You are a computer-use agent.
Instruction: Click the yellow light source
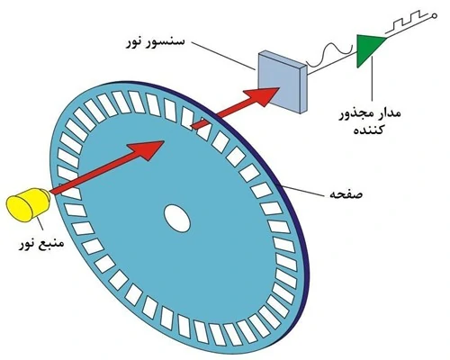coord(29,204)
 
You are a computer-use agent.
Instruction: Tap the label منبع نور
coord(41,243)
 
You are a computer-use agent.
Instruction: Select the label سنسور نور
coord(155,42)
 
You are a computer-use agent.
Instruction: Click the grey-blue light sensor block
coord(283,82)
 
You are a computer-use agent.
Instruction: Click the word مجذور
coord(356,114)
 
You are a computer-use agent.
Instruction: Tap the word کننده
coord(368,130)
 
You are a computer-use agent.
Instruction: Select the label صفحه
coord(346,194)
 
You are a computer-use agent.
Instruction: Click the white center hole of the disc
coord(177,218)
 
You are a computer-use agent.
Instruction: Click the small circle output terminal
coord(434,16)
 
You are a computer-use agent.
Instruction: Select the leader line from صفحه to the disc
coord(304,190)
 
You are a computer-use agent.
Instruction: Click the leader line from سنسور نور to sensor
coord(224,56)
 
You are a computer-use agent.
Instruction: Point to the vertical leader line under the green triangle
coord(372,78)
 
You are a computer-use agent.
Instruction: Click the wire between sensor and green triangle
coord(332,62)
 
